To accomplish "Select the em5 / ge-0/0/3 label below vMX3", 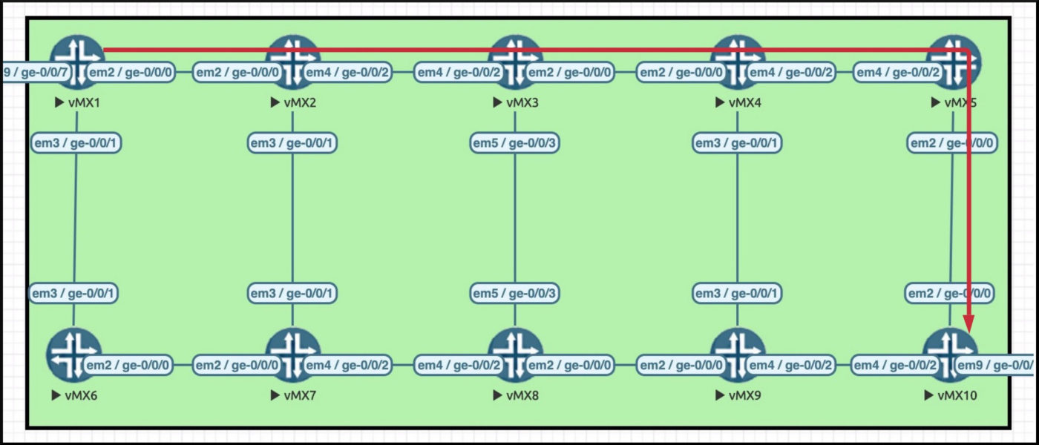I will (x=514, y=143).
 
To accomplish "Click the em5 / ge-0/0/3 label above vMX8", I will (x=514, y=294).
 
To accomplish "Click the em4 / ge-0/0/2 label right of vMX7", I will (x=347, y=365).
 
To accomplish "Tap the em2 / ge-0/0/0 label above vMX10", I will (x=950, y=294).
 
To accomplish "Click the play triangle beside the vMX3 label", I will (x=497, y=102).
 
